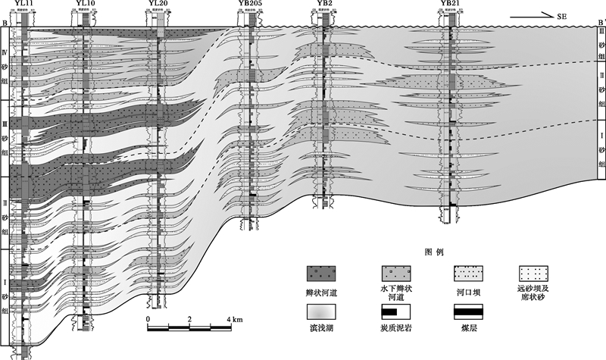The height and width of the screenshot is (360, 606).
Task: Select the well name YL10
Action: coord(86,4)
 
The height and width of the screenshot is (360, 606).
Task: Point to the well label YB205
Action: coord(251,4)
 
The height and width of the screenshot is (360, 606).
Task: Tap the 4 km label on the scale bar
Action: coord(233,319)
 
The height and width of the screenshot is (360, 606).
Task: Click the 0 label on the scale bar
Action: coord(148,319)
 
